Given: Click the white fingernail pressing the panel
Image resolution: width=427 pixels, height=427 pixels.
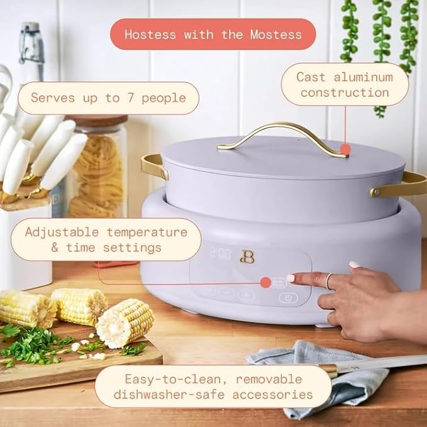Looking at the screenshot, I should point(291,277).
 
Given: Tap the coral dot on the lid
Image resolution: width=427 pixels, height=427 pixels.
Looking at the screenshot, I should point(345,150).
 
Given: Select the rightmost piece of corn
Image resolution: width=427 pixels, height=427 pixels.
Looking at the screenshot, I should point(126,322).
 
